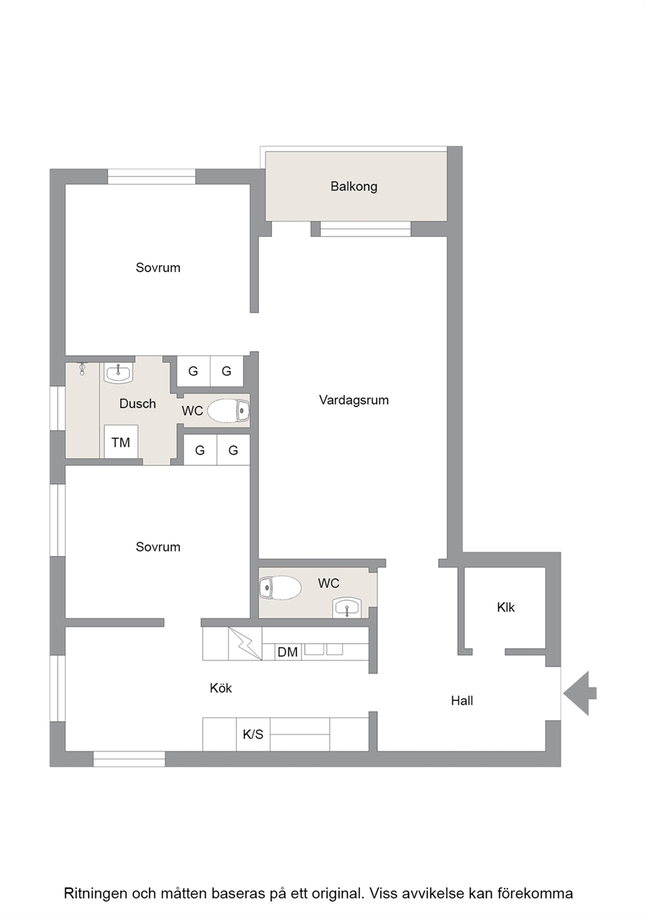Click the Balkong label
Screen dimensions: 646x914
coord(354,186)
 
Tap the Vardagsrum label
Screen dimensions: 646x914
coord(354,400)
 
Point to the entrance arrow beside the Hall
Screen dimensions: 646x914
coord(580,693)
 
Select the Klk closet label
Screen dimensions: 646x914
coord(506,608)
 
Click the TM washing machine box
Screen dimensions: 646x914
coord(120,442)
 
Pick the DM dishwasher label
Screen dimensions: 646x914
coord(288,652)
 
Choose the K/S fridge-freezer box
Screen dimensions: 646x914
coord(253,734)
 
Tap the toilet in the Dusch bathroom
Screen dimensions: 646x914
coord(229,410)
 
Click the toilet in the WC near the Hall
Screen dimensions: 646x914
coord(280,588)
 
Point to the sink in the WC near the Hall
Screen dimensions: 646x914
coord(346,608)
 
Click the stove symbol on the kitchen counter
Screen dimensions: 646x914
coord(245,644)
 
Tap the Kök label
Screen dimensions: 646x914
coord(221,689)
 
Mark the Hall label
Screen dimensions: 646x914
coord(462,701)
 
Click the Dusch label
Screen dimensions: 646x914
coord(137,403)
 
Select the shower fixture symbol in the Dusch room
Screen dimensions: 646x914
coord(82,369)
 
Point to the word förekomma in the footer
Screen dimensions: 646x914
coord(535,882)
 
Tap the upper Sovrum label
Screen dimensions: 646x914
coord(158,268)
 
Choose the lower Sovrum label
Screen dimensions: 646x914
coord(158,547)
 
